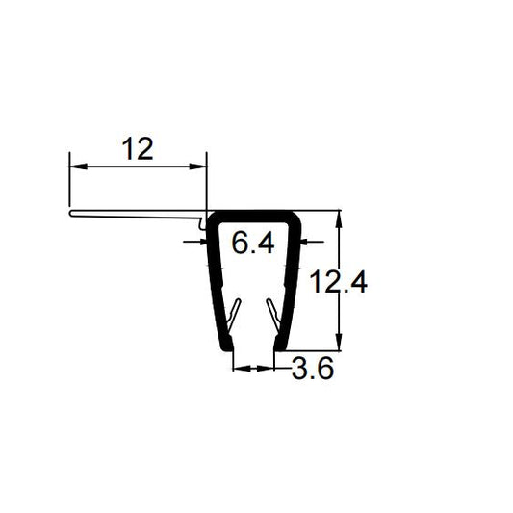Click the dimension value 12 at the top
(139, 149)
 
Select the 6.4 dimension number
(254, 244)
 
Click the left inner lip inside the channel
(235, 312)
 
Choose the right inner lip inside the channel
(273, 312)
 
